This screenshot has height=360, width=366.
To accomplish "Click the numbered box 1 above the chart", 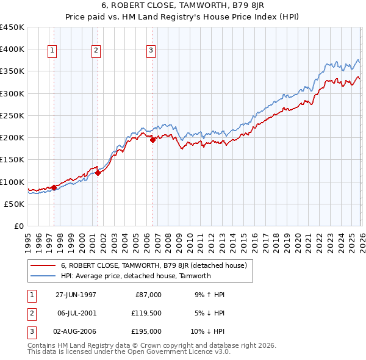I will pyautogui.click(x=53, y=51).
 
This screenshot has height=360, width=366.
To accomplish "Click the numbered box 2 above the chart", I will pyautogui.click(x=96, y=51).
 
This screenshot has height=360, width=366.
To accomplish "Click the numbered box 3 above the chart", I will pyautogui.click(x=151, y=51).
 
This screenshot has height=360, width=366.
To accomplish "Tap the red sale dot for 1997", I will pyautogui.click(x=54, y=187).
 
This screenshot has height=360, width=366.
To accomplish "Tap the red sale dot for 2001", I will pyautogui.click(x=98, y=173).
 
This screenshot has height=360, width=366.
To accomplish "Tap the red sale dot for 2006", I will pyautogui.click(x=152, y=140).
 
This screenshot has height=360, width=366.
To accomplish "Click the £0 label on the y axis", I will pyautogui.click(x=18, y=226).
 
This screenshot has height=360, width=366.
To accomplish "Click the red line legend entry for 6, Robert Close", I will pyautogui.click(x=153, y=265).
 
